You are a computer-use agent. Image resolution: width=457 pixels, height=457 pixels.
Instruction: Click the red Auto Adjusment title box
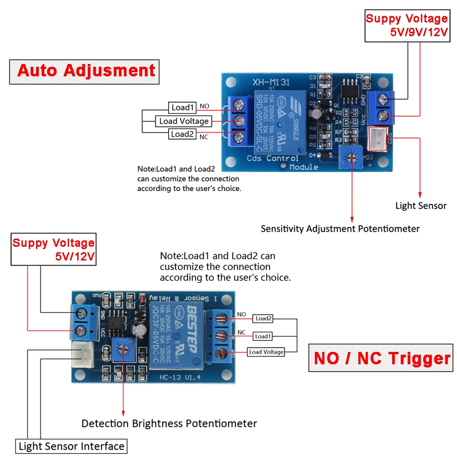(x=85, y=71)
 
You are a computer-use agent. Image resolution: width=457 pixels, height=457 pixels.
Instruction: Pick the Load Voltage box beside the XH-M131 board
(x=183, y=121)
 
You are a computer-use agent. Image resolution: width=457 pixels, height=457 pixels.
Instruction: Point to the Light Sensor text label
(x=420, y=206)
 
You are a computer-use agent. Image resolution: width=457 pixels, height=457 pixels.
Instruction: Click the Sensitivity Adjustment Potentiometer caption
(x=340, y=228)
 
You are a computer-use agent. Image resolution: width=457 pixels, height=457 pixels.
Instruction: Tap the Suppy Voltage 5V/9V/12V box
(x=406, y=26)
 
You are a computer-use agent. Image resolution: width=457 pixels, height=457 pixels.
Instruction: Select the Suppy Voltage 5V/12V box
(x=53, y=250)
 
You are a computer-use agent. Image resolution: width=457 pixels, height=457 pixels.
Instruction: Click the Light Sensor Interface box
(x=71, y=446)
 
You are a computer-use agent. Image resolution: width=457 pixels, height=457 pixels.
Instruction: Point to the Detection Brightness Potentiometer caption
(x=169, y=424)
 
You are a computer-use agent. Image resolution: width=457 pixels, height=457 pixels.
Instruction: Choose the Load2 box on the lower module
(x=264, y=319)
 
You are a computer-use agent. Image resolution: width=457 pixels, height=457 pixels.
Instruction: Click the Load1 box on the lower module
(x=263, y=336)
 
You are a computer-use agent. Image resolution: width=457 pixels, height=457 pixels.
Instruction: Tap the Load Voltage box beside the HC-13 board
(x=266, y=352)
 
